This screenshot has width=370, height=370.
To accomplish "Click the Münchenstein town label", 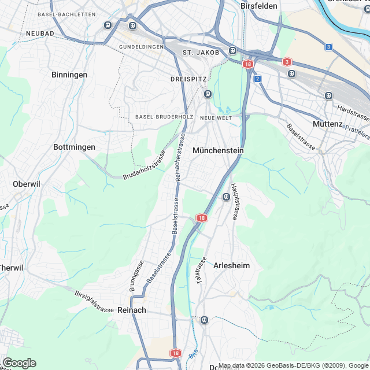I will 218,150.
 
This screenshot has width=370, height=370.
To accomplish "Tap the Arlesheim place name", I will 232,265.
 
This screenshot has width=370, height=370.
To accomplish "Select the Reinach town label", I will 132,310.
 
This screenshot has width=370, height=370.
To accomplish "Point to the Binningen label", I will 69,75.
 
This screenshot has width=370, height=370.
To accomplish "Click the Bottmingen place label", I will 74,147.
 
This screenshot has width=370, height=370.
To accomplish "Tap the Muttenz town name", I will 327,124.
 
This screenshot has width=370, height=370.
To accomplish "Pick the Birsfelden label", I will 259,6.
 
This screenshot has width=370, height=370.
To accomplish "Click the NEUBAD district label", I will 40,34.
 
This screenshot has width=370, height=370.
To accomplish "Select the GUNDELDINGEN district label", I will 141,46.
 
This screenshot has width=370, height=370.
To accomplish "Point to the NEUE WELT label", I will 216,117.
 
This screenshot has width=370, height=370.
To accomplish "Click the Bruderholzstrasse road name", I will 145,165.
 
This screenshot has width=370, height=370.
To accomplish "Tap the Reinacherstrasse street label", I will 180,157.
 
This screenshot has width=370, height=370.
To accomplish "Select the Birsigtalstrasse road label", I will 94,301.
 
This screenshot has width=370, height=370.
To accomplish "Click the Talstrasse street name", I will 201,271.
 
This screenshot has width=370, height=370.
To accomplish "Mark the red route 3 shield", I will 287,61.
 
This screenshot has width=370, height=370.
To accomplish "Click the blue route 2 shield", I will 257,78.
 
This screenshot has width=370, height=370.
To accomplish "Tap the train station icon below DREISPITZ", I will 208,94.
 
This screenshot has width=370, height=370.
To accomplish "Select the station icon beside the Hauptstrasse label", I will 227,197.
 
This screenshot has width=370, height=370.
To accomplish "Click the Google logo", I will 19,363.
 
